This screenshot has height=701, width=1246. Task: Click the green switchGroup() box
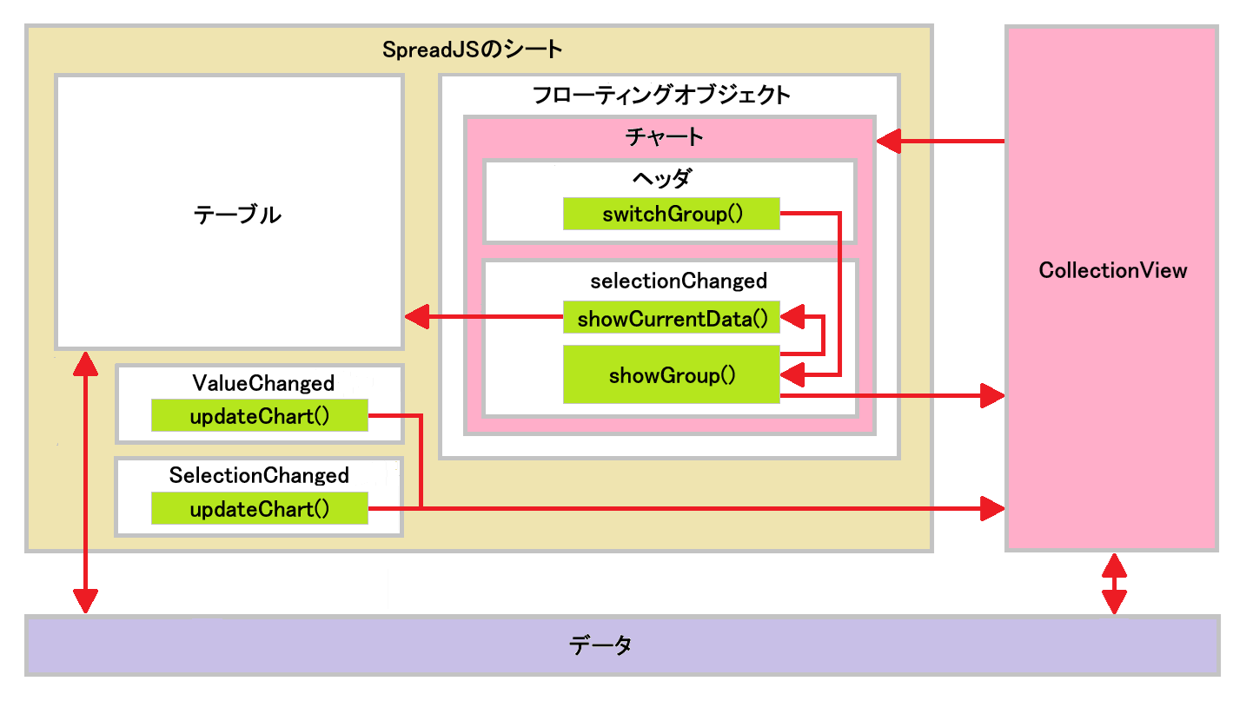click(672, 214)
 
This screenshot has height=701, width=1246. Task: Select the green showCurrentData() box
click(672, 319)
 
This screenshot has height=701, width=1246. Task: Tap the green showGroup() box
click(672, 375)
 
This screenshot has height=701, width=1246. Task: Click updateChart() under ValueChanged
click(260, 416)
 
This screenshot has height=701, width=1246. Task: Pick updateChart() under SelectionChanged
click(260, 509)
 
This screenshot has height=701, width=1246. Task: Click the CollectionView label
click(1112, 270)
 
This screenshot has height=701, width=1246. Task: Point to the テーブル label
click(237, 215)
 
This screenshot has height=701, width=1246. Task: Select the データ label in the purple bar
click(600, 645)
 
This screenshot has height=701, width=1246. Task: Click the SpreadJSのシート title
click(473, 50)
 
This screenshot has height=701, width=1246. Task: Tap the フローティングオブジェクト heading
click(661, 95)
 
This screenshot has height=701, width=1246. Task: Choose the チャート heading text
click(664, 137)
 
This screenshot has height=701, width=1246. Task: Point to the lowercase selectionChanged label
click(678, 281)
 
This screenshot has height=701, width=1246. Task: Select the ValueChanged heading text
click(262, 383)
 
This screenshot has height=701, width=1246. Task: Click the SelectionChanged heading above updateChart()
click(259, 476)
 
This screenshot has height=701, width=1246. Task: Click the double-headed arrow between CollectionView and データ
click(1114, 584)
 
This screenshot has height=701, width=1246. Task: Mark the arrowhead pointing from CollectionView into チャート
click(888, 140)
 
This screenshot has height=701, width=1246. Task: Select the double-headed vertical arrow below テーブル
click(85, 482)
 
